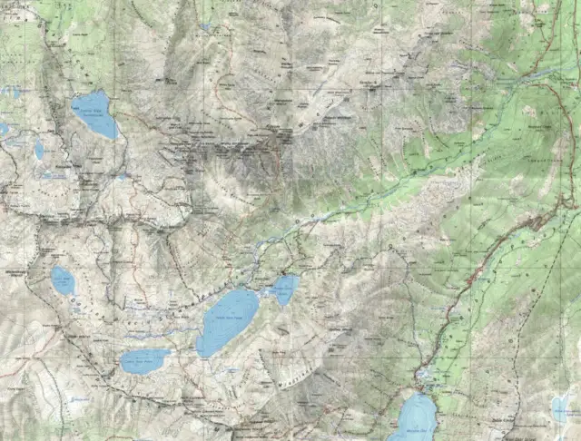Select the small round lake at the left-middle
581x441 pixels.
pyautogui.click(x=63, y=280)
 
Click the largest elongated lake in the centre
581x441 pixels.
pyautogui.click(x=228, y=322)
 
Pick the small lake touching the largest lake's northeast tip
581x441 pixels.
pyautogui.click(x=283, y=289)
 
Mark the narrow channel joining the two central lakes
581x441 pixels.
pyautogui.click(x=263, y=293)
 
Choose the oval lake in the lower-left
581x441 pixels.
pyautogui.click(x=145, y=361)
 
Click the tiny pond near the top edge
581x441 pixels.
pyautogui.click(x=206, y=26)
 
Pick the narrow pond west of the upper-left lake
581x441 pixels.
pyautogui.click(x=39, y=148)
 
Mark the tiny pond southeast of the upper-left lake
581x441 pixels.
pyautogui.click(x=122, y=175)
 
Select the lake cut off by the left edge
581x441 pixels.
pyautogui.click(x=3, y=130)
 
